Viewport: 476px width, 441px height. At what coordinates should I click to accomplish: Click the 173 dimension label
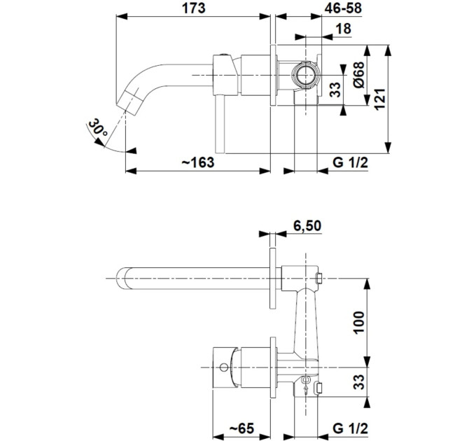(194, 8)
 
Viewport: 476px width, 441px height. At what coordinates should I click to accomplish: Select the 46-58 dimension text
(343, 8)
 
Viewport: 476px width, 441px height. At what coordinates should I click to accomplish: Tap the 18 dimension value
(344, 29)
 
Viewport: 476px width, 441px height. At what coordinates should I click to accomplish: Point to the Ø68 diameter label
(359, 75)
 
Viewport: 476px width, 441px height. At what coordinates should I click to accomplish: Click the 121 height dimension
(380, 99)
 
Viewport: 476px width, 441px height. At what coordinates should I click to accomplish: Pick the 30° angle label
(98, 128)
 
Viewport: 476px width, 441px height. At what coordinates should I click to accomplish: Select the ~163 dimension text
(198, 162)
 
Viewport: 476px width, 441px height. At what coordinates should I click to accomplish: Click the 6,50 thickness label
(307, 226)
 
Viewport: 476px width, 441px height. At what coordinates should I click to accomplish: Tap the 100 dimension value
(358, 322)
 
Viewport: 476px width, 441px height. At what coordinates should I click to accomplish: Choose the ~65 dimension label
(241, 429)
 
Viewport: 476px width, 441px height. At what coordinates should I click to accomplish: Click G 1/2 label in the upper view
(350, 162)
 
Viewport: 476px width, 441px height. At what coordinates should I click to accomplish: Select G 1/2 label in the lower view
(350, 428)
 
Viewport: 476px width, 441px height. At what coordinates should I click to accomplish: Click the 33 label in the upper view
(335, 90)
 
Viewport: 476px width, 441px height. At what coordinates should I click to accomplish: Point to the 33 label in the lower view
(358, 381)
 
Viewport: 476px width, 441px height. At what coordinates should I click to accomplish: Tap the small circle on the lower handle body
(224, 367)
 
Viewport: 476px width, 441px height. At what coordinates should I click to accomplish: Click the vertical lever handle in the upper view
(220, 125)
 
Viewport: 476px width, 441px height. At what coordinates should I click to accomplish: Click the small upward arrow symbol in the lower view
(306, 389)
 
